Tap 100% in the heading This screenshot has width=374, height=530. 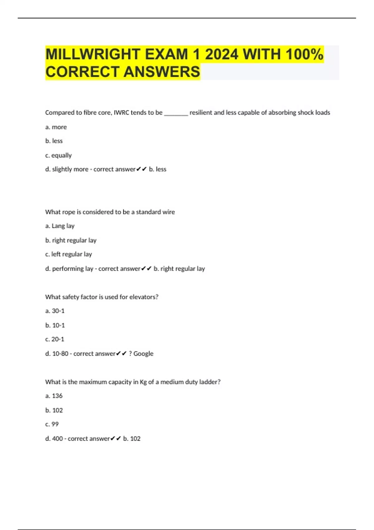click(304, 54)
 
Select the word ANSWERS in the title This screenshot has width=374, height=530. click(162, 72)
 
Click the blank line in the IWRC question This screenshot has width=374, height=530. click(176, 113)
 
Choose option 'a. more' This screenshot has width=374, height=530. click(56, 127)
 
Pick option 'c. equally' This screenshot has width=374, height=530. click(59, 155)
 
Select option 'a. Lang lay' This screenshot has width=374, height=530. click(60, 226)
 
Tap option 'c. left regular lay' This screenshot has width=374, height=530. click(69, 254)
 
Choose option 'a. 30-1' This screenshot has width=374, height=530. click(55, 311)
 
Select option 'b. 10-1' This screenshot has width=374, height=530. click(55, 325)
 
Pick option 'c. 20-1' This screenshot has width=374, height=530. click(55, 340)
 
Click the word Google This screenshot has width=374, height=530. click(143, 354)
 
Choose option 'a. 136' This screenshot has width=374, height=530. click(54, 396)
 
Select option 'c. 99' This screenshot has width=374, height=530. click(52, 424)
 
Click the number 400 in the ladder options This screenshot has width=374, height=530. click(57, 439)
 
